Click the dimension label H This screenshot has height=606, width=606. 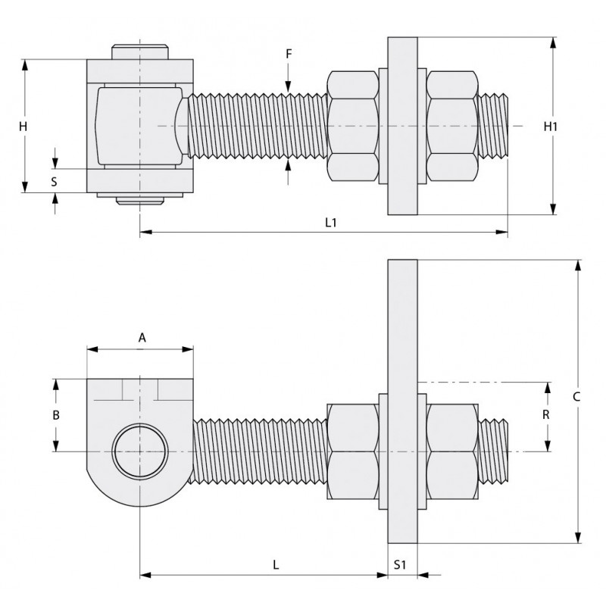pyautogui.click(x=24, y=127)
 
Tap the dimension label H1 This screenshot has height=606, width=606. pyautogui.click(x=551, y=127)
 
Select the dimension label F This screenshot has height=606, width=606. pyautogui.click(x=288, y=54)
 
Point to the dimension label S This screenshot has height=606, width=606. pyautogui.click(x=54, y=181)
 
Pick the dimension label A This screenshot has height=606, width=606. pyautogui.click(x=142, y=338)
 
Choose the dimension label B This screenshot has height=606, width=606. pyautogui.click(x=55, y=415)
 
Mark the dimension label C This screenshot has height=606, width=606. pyautogui.click(x=577, y=396)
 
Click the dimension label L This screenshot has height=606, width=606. pyautogui.click(x=276, y=564)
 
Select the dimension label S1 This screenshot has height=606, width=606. pyautogui.click(x=401, y=564)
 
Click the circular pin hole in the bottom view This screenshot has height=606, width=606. pyautogui.click(x=140, y=451)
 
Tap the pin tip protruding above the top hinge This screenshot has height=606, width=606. pyautogui.click(x=140, y=52)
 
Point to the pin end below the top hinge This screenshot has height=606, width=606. pyautogui.click(x=140, y=201)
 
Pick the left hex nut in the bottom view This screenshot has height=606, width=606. pyautogui.click(x=352, y=451)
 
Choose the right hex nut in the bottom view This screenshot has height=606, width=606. pyautogui.click(x=451, y=451)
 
